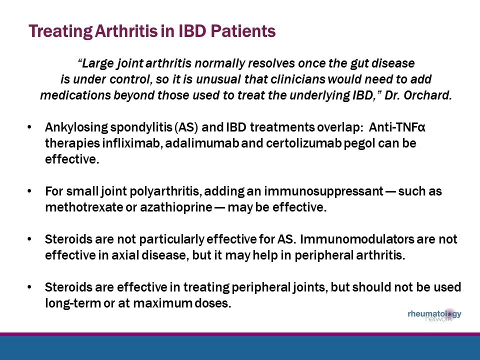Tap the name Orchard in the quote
pos(430,96)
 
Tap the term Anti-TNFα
pos(397,127)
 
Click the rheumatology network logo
pos(434,316)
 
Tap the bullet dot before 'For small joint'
pos(30,191)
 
